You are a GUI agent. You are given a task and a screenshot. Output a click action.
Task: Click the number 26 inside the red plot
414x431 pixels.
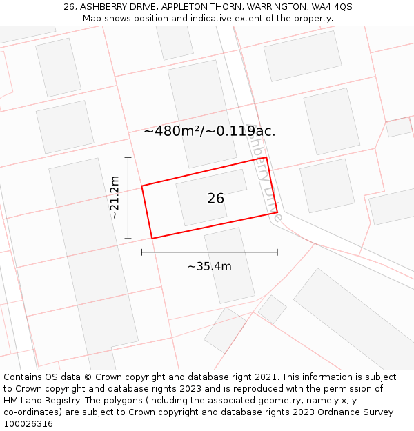[215, 199]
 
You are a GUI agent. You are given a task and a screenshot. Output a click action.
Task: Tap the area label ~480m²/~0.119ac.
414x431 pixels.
[210, 131]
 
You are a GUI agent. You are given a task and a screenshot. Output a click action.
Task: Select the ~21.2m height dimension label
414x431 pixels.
[115, 197]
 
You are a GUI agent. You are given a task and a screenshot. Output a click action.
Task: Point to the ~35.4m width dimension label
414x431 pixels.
[209, 266]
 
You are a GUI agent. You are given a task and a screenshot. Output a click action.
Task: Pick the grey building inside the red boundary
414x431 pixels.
[211, 197]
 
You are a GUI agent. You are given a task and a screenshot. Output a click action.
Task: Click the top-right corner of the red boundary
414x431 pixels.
[266, 158]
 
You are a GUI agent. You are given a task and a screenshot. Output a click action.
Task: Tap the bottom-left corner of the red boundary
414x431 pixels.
[152, 239]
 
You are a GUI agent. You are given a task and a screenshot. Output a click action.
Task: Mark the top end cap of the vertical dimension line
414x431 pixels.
[128, 158]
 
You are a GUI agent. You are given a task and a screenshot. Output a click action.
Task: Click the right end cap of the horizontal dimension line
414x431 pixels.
[277, 252]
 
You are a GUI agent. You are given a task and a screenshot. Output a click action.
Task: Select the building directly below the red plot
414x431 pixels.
[229, 265]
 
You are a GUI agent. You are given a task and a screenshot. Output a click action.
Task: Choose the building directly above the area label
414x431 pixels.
[202, 97]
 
